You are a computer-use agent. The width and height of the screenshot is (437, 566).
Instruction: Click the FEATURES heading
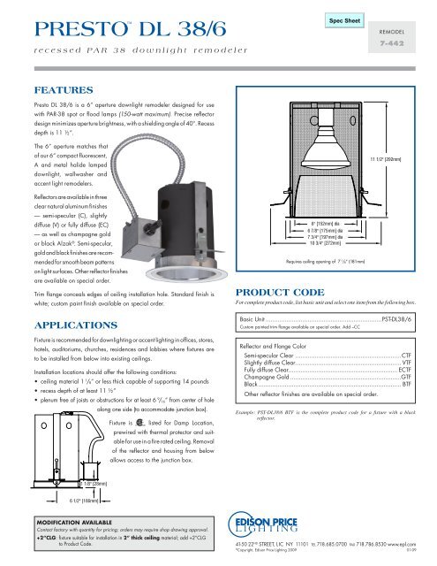click(52, 90)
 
